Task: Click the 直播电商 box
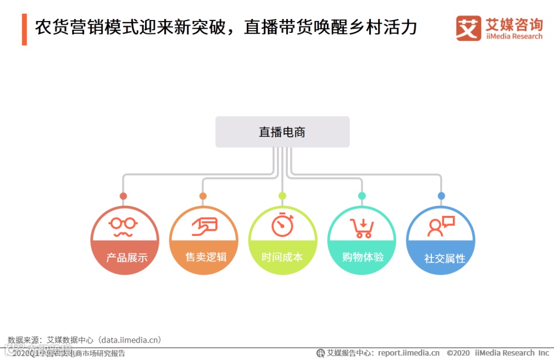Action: [282, 132]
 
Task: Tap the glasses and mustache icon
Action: [124, 226]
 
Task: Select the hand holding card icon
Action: [204, 226]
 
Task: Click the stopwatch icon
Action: [283, 225]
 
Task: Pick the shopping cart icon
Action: [362, 227]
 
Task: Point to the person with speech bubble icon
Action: [441, 226]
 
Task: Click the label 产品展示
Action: [127, 257]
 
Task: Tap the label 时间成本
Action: [282, 257]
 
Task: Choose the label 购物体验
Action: [363, 257]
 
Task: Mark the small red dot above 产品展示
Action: [123, 196]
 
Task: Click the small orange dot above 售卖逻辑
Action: [203, 196]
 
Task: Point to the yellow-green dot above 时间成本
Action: [282, 196]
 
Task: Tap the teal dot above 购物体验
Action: [362, 196]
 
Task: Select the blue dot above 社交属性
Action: [441, 196]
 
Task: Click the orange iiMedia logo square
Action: [468, 28]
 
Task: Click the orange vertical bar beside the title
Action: [24, 29]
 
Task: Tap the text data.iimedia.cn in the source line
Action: [130, 340]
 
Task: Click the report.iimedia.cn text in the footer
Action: [408, 353]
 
